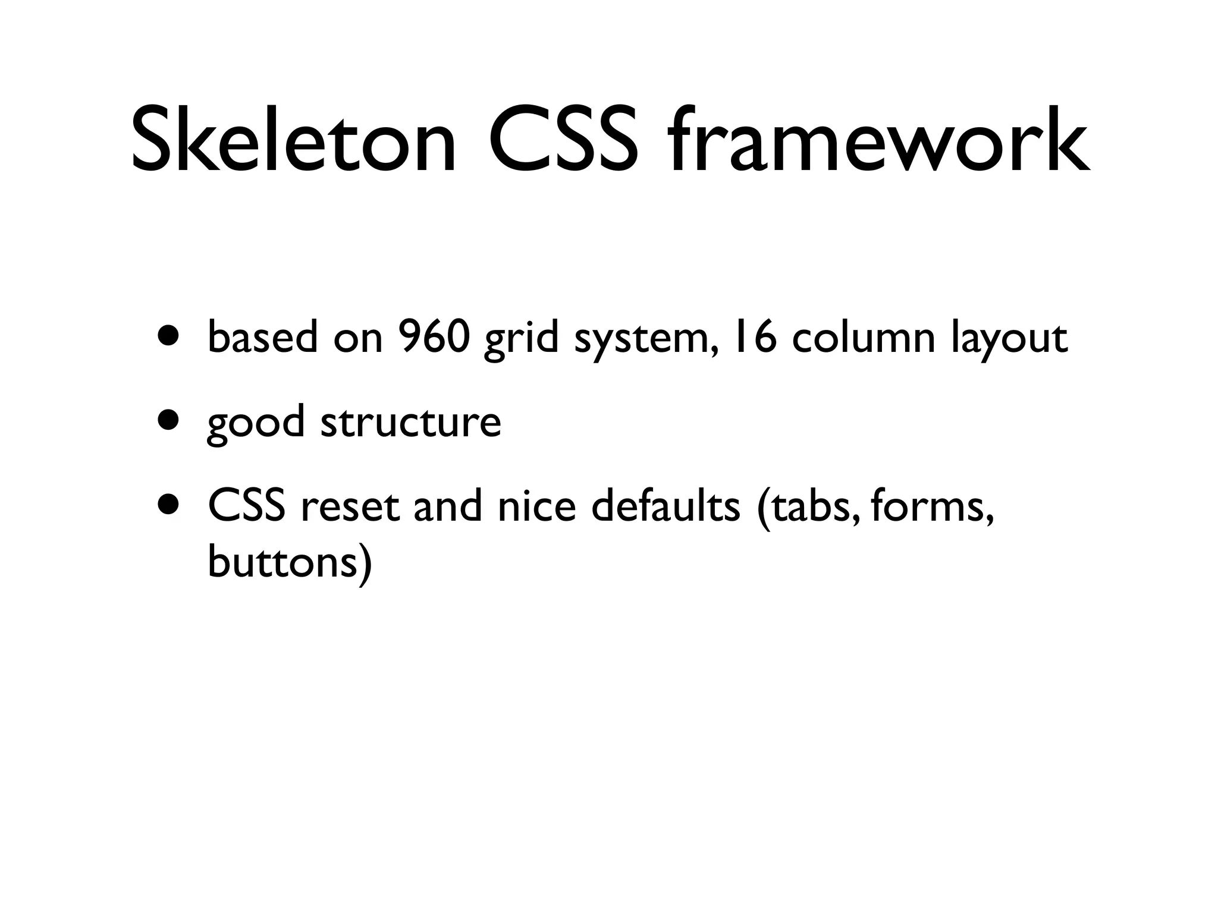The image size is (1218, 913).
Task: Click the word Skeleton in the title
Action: tap(293, 140)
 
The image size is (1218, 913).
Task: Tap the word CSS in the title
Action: tap(561, 140)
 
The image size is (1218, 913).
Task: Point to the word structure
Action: tap(410, 422)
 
